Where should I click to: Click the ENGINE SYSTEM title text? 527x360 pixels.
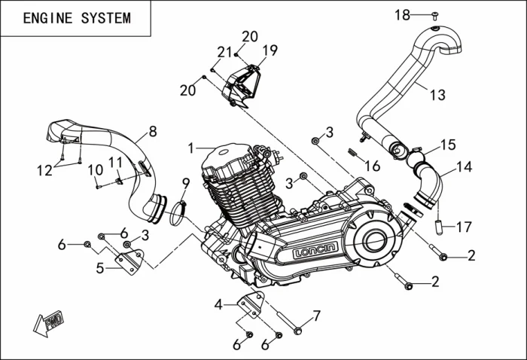(76, 18)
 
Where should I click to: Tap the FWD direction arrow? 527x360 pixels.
(48, 322)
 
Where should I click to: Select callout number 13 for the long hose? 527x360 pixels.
(437, 95)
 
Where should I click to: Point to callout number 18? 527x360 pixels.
(403, 14)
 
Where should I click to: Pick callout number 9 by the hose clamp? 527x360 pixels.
(185, 182)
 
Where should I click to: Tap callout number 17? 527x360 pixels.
(464, 225)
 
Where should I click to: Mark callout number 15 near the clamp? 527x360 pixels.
(448, 143)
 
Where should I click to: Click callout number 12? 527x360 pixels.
(45, 170)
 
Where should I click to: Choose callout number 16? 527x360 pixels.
(372, 166)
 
